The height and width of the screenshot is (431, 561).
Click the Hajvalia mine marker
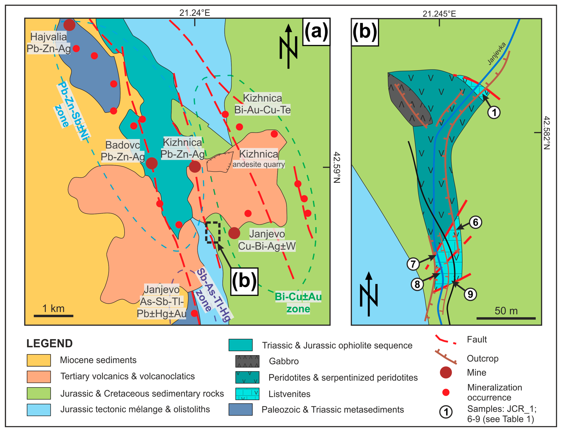69,25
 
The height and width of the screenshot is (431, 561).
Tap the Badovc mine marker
152,163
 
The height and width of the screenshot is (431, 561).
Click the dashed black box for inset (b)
213,232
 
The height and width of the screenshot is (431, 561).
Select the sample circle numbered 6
475,222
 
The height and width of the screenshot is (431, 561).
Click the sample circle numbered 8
417,284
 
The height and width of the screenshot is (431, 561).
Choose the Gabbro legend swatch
247,361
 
